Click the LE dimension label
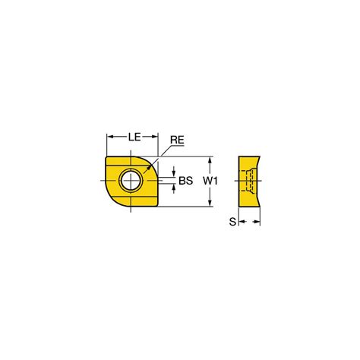pyautogui.click(x=134, y=137)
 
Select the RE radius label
pyautogui.click(x=177, y=140)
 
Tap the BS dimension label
pyautogui.click(x=186, y=181)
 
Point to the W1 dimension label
pyautogui.click(x=210, y=181)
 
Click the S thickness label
pyautogui.click(x=232, y=222)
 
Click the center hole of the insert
pyautogui.click(x=131, y=181)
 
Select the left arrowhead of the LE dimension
pyautogui.click(x=110, y=137)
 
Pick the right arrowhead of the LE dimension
pyautogui.click(x=154, y=137)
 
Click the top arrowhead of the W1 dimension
pyautogui.click(x=210, y=160)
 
